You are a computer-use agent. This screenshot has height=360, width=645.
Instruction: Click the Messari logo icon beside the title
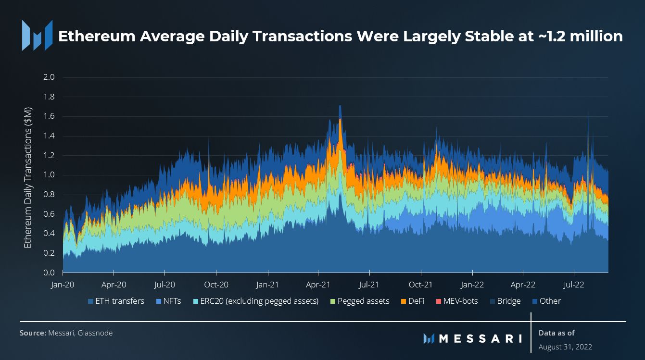[x=37, y=36]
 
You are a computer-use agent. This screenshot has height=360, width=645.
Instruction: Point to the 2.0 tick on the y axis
[x=50, y=77]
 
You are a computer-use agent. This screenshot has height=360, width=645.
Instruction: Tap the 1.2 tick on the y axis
[x=50, y=156]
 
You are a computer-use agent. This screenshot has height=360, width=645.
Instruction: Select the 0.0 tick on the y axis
[x=50, y=273]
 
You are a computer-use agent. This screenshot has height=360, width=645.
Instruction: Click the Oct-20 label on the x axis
[x=216, y=285]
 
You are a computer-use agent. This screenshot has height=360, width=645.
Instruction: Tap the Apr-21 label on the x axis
[x=318, y=285]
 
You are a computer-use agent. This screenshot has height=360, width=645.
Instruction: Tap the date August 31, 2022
[x=565, y=347]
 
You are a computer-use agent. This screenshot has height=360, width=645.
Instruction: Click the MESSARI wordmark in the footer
[x=481, y=338]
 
